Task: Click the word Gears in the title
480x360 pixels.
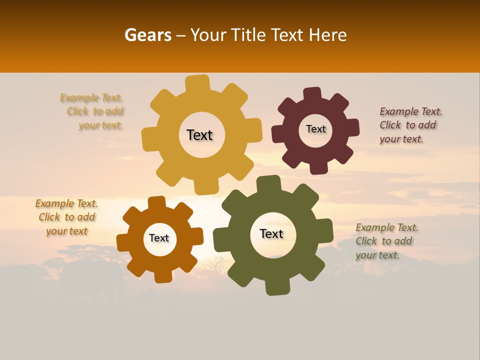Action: (x=147, y=35)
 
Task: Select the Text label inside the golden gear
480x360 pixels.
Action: (x=200, y=135)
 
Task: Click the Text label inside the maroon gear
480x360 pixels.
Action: (x=315, y=129)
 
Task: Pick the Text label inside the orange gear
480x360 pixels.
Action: (x=159, y=238)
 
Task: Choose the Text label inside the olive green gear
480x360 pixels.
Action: (x=271, y=233)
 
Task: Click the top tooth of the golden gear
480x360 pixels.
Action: (x=198, y=83)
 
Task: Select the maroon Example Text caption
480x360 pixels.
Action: (x=410, y=125)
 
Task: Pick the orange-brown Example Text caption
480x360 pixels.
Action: (x=66, y=217)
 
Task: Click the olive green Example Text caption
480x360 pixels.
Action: (x=386, y=241)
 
